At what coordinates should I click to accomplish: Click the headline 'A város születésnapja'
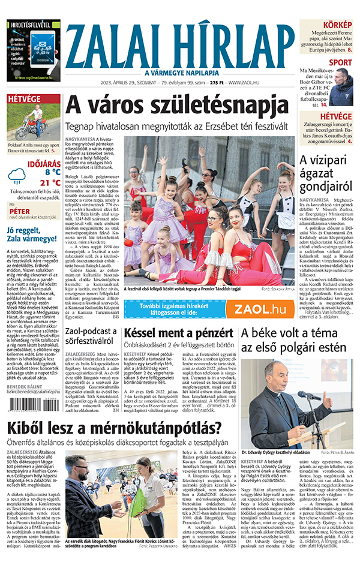[176, 107]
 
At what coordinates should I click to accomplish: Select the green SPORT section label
[340, 62]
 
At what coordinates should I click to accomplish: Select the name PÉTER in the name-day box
[20, 212]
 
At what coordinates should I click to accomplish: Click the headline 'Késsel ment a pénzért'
[178, 333]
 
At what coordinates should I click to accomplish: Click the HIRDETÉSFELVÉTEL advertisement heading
[34, 25]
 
